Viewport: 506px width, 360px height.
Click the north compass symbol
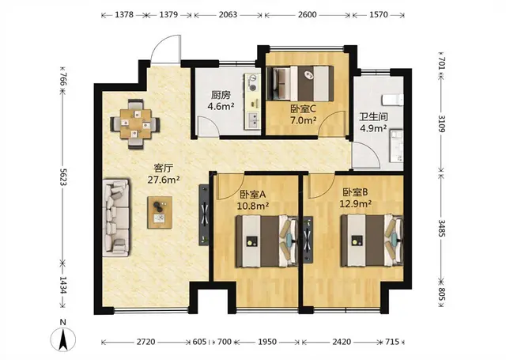[x=63, y=339]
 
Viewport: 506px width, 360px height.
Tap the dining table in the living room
[x=135, y=124]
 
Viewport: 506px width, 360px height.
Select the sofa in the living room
[x=116, y=218]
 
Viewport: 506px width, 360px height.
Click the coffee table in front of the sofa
[x=160, y=213]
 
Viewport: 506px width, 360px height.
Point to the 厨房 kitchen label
[x=221, y=95]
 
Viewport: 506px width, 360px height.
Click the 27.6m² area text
[x=164, y=180]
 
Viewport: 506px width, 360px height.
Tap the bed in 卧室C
[x=300, y=83]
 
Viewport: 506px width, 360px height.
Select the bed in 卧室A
[x=266, y=241]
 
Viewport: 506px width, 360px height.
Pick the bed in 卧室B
[x=372, y=241]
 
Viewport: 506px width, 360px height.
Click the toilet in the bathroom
[x=392, y=100]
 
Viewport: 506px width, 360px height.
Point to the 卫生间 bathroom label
[x=373, y=116]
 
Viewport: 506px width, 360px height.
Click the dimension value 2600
[x=307, y=14]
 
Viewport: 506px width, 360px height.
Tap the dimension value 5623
[x=62, y=177]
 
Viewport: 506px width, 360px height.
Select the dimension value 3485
[x=441, y=228]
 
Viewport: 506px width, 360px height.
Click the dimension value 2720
[x=145, y=342]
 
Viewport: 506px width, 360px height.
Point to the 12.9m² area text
[x=355, y=203]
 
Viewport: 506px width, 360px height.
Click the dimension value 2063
[x=228, y=14]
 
